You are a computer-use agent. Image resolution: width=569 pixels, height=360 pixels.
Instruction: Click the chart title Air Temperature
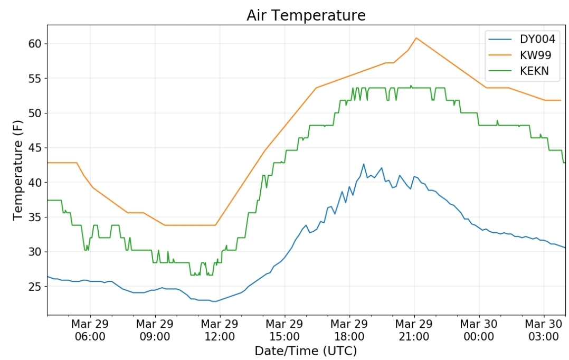306,15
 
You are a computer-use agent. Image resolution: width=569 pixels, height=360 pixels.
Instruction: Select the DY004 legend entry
522,39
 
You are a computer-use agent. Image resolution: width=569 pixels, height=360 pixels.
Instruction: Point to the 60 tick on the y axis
35,43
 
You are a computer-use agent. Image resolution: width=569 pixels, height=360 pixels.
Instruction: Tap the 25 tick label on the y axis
35,286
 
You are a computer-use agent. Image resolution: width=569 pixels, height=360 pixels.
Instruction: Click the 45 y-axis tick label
35,148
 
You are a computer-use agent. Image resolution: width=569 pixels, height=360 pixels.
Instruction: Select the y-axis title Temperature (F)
18,170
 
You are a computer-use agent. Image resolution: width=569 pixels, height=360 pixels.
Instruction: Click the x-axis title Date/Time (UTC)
306,351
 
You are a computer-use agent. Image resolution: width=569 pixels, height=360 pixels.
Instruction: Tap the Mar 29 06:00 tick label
90,330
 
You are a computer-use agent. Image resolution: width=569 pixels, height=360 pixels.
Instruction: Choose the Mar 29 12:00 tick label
220,330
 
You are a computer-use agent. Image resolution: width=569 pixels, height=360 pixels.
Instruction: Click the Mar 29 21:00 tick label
414,330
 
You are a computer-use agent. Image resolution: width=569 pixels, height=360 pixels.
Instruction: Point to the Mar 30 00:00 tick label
479,330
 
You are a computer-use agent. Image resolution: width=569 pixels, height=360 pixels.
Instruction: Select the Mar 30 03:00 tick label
544,330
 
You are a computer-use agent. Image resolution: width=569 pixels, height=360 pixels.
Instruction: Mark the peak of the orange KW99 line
416,38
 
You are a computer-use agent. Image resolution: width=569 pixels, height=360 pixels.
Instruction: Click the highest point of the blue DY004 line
364,164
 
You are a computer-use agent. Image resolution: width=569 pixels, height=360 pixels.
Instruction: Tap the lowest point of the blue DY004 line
214,301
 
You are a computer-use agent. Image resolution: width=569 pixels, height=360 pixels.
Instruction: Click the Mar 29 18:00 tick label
349,330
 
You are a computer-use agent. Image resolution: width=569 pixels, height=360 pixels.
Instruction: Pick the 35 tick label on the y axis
35,217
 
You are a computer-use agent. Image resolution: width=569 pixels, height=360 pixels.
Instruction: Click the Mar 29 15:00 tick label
284,330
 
